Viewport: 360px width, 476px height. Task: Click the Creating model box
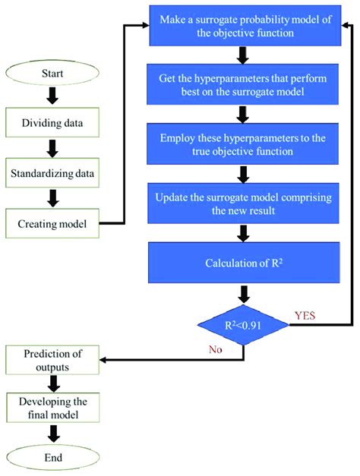tap(52, 224)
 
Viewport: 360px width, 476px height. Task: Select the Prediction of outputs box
tap(52, 359)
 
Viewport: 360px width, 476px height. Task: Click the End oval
tap(52, 458)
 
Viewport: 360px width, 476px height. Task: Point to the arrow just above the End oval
tap(52, 433)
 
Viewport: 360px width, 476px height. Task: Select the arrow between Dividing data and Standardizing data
tap(52, 145)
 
